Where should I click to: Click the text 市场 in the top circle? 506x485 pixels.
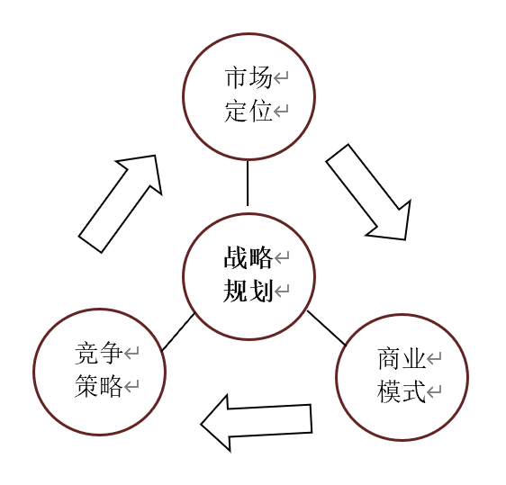(x=248, y=77)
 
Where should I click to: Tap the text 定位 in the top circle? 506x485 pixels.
(x=248, y=111)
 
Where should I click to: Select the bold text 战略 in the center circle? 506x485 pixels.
(x=248, y=257)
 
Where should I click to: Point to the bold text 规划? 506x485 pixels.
(x=248, y=291)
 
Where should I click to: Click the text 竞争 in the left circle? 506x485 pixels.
(x=99, y=353)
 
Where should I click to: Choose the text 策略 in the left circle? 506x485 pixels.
(x=99, y=386)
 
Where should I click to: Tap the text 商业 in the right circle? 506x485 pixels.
(x=402, y=358)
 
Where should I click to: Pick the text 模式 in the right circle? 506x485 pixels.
(x=402, y=391)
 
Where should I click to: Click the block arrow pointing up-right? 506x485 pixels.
(x=120, y=203)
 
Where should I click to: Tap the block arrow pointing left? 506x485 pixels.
(x=257, y=423)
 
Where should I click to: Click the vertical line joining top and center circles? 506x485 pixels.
(x=248, y=183)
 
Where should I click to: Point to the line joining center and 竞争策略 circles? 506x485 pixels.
(x=178, y=332)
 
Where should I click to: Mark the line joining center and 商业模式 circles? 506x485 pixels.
(x=326, y=328)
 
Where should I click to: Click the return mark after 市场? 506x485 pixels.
(x=281, y=77)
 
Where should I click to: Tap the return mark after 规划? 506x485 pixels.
(x=282, y=291)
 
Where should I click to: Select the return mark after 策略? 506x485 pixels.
(x=131, y=386)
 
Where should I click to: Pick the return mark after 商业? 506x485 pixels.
(x=434, y=358)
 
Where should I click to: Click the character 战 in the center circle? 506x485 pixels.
(x=236, y=257)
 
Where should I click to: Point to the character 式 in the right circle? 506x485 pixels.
(x=413, y=391)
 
